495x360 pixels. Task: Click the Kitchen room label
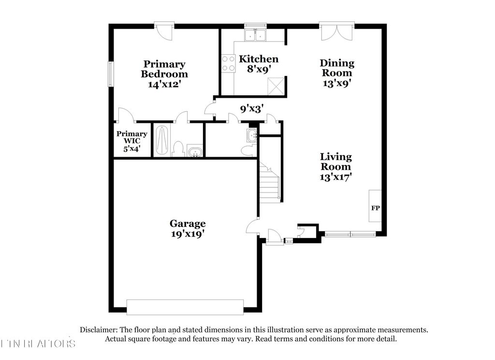pyautogui.click(x=259, y=59)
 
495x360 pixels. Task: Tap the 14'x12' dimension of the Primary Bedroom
pyautogui.click(x=164, y=84)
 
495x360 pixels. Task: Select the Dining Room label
pyautogui.click(x=337, y=68)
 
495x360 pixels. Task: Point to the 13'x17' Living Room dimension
pyautogui.click(x=336, y=177)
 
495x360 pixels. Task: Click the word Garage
pyautogui.click(x=188, y=224)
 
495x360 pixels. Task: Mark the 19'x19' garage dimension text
pyautogui.click(x=188, y=234)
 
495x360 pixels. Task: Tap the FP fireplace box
pyautogui.click(x=375, y=208)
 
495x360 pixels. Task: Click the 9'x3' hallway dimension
pyautogui.click(x=251, y=109)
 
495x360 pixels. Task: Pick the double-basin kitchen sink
pyautogui.click(x=255, y=35)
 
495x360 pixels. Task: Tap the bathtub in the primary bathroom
pyautogui.click(x=162, y=140)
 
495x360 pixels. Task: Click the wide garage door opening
pyautogui.click(x=185, y=307)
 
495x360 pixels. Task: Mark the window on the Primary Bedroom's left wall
pyautogui.click(x=111, y=74)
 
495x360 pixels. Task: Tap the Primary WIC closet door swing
pyautogui.click(x=126, y=115)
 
